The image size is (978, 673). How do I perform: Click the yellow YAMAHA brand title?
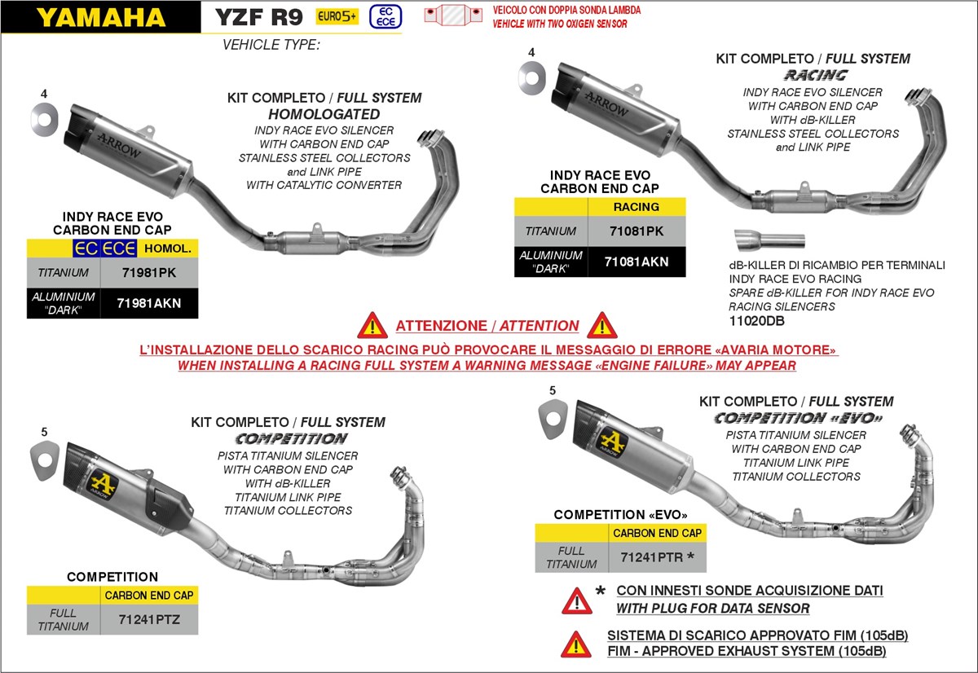pyautogui.click(x=100, y=17)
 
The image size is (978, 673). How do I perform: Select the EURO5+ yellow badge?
pyautogui.click(x=337, y=16)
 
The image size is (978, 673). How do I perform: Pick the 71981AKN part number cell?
pyautogui.click(x=148, y=303)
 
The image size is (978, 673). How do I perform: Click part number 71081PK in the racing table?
pyautogui.click(x=637, y=231)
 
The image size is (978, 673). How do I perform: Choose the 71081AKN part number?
pyautogui.click(x=637, y=262)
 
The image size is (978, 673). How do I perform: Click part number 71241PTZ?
pyautogui.click(x=149, y=619)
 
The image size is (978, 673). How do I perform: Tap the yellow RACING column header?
pyautogui.click(x=637, y=207)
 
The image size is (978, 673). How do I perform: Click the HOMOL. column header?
pyautogui.click(x=167, y=248)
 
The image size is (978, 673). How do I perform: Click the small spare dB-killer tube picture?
pyautogui.click(x=769, y=240)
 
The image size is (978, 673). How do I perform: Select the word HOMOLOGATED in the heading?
pyautogui.click(x=324, y=114)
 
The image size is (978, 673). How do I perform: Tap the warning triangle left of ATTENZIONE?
pyautogui.click(x=372, y=326)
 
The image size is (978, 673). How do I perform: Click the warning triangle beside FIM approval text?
pyautogui.click(x=576, y=644)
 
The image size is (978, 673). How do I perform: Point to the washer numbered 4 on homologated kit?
pyautogui.click(x=44, y=121)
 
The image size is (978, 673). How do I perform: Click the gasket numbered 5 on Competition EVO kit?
pyautogui.click(x=553, y=420)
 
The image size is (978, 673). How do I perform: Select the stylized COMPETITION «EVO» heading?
pyautogui.click(x=798, y=418)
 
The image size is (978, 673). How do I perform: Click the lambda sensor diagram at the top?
pyautogui.click(x=455, y=16)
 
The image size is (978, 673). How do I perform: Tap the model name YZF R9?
pyautogui.click(x=258, y=17)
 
